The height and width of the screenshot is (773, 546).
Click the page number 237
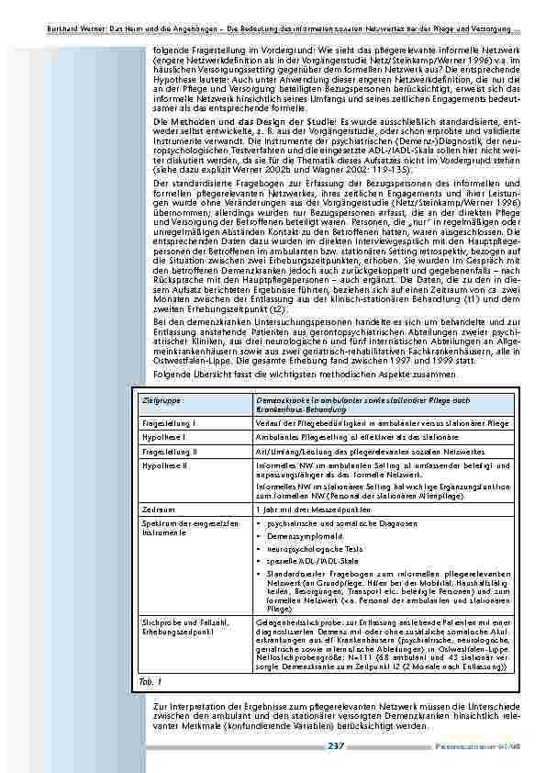(336, 745)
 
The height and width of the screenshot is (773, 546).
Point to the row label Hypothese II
(166, 467)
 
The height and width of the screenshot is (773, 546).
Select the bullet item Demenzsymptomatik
(301, 533)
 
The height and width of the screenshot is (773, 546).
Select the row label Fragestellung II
(172, 453)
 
